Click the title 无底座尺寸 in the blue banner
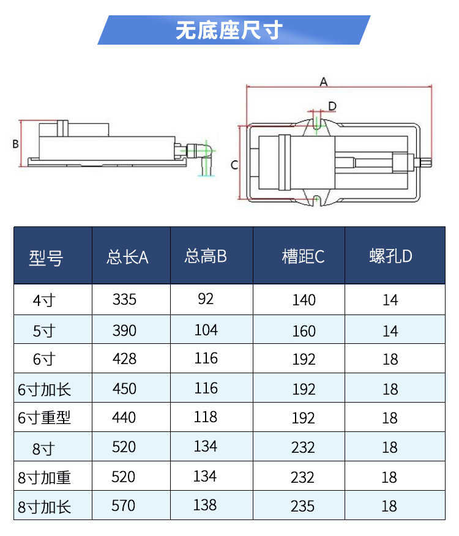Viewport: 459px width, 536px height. click(229, 30)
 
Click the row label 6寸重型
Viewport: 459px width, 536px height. click(44, 418)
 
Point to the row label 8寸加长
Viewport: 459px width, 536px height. click(44, 507)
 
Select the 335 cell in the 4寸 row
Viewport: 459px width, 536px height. click(124, 300)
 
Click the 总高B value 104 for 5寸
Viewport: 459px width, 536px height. click(206, 330)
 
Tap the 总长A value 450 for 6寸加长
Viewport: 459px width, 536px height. click(124, 389)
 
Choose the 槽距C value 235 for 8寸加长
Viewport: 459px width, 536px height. click(303, 507)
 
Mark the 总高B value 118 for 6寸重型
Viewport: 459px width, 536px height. click(206, 417)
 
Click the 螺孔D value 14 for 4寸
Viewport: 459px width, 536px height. click(390, 300)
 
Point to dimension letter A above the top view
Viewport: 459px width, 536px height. click(324, 81)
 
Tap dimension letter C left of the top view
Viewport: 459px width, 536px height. click(234, 165)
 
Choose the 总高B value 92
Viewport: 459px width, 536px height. click(206, 299)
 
